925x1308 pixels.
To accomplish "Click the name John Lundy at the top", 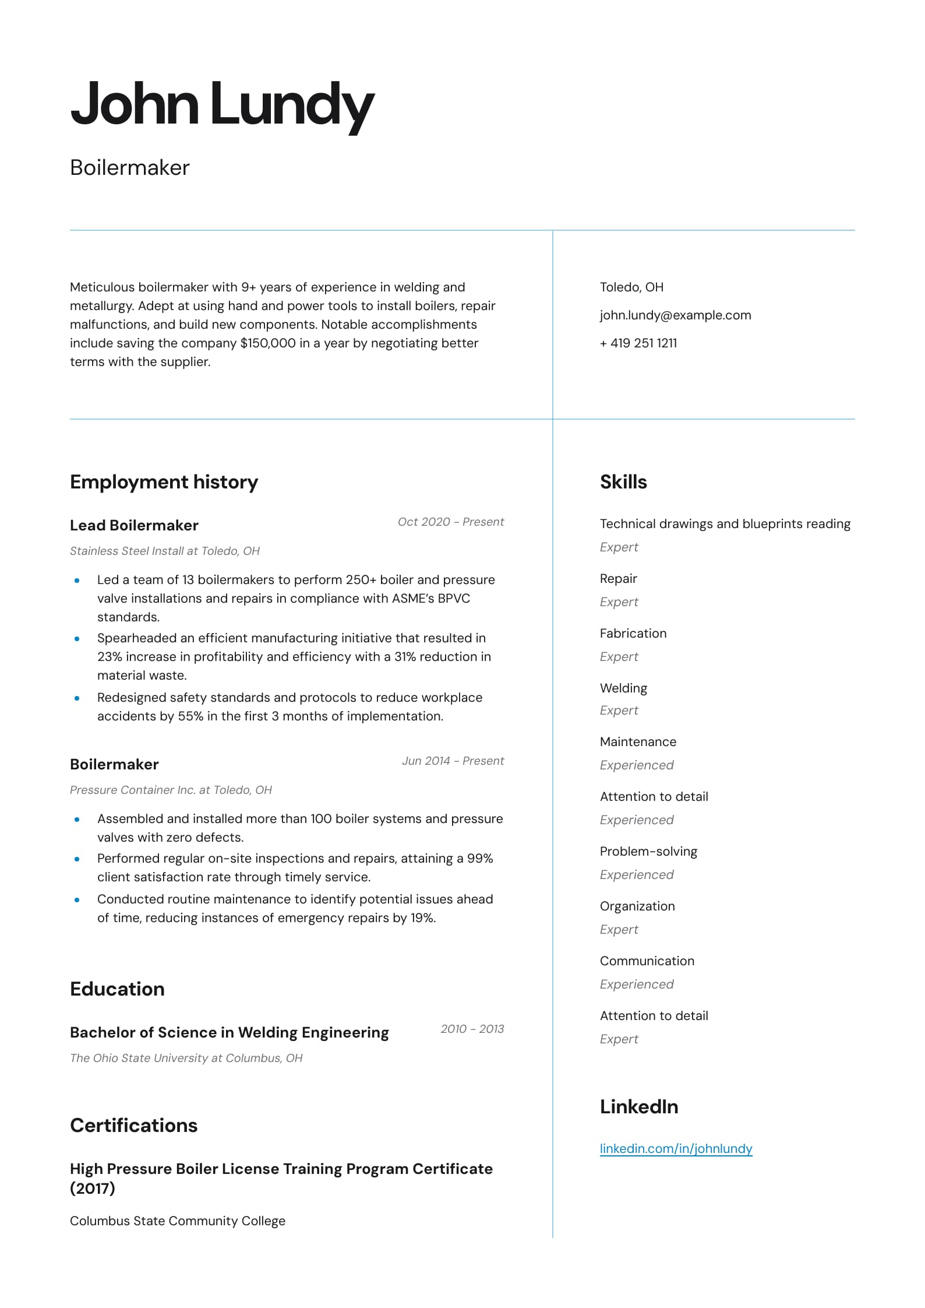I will [222, 105].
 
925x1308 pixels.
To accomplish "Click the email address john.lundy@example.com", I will [675, 315].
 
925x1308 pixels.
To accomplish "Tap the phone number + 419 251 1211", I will [638, 343].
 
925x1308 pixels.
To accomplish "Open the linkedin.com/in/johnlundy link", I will [676, 1148].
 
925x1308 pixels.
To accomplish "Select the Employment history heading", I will [164, 482].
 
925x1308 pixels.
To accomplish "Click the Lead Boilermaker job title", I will [134, 525].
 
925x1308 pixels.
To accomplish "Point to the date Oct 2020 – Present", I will [450, 522].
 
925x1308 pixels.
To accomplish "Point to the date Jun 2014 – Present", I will [453, 761].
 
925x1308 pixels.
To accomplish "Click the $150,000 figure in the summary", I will [268, 343].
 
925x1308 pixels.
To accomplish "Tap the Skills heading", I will [623, 482].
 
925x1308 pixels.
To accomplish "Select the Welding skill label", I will [623, 688].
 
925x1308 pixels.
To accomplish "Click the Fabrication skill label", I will [633, 634].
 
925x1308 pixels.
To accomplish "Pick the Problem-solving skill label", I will [648, 852].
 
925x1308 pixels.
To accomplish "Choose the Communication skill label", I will [647, 961].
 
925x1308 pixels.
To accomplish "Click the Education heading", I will [117, 989].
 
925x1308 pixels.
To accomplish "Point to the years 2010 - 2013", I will [472, 1029].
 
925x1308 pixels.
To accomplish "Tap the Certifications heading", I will [133, 1126].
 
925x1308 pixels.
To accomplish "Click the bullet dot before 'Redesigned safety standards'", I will [77, 698].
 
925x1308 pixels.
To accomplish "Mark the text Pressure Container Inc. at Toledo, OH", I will [171, 790].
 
